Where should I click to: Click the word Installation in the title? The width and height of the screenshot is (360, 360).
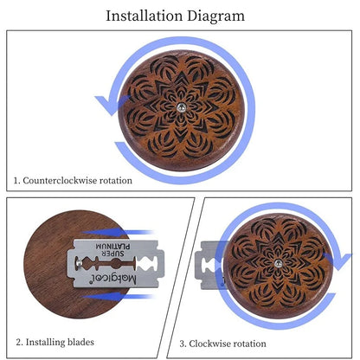click(145, 16)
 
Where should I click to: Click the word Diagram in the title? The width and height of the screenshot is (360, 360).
click(215, 16)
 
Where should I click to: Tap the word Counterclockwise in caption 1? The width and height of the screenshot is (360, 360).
click(60, 181)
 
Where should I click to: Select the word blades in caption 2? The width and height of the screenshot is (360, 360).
click(80, 342)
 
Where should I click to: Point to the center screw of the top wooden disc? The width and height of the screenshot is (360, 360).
click(181, 107)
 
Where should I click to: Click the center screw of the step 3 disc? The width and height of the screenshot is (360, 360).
click(279, 262)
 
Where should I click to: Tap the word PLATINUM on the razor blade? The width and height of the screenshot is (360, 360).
click(112, 247)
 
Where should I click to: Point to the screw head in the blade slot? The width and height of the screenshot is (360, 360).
click(79, 262)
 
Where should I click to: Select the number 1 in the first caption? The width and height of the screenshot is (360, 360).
click(16, 181)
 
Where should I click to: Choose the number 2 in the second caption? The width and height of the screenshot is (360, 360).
click(19, 343)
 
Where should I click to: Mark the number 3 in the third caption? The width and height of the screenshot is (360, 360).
click(183, 344)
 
